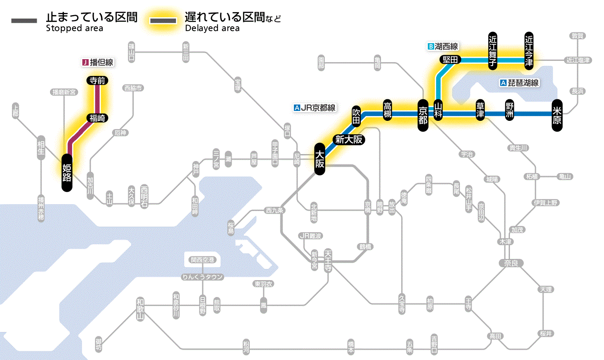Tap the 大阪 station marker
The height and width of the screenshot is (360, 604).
[319, 159]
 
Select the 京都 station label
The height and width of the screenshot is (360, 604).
[423, 114]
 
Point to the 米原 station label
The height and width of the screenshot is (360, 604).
[557, 115]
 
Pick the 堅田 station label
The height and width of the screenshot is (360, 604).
[450, 60]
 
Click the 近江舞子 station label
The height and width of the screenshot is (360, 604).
[493, 50]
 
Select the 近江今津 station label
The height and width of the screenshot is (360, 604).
[529, 50]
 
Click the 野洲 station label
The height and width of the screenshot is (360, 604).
[510, 111]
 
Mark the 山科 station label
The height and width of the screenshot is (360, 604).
[438, 111]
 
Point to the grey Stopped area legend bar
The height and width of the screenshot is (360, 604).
[25, 21]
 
